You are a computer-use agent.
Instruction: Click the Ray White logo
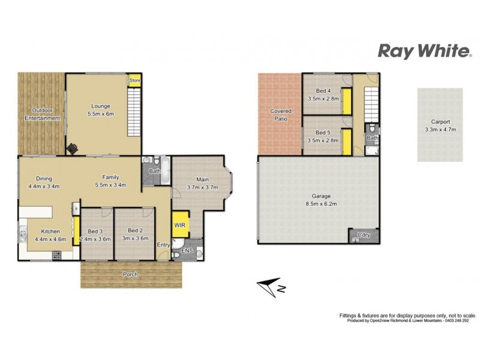[x=424, y=52]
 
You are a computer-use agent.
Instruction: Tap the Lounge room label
[x=101, y=110]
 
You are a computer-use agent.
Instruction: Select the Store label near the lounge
[x=134, y=80]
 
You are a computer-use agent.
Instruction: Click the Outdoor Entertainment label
[x=42, y=114]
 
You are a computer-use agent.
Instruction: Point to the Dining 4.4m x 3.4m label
[x=43, y=182]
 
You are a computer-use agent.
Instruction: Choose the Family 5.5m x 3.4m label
[x=110, y=181]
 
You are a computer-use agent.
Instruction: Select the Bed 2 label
[x=135, y=234]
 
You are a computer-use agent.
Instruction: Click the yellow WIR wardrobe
[x=180, y=224]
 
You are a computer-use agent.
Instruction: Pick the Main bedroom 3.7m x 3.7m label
[x=202, y=183]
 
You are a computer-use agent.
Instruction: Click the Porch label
[x=130, y=274]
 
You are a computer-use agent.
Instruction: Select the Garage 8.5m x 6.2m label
[x=318, y=200]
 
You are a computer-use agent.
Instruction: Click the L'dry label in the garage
[x=364, y=235]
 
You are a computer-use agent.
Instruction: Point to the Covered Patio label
[x=280, y=114]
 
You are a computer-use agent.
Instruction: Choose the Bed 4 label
[x=323, y=94]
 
